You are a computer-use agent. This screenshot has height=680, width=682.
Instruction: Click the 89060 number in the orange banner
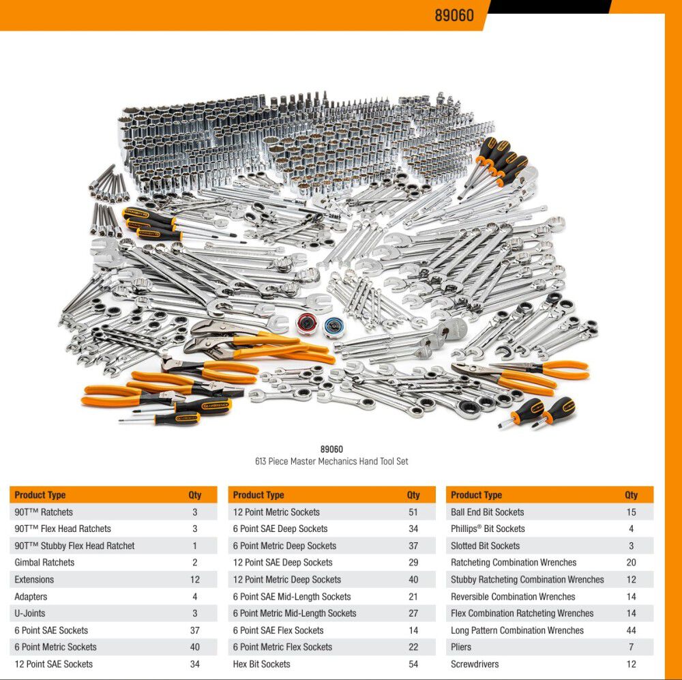click(x=454, y=16)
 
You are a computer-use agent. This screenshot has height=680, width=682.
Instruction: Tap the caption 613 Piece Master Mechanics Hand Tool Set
click(x=331, y=461)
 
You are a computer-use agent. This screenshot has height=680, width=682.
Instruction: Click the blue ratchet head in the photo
click(x=334, y=327)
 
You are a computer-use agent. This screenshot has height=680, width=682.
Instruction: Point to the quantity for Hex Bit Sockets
click(x=413, y=664)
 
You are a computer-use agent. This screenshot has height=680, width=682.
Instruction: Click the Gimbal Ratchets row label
click(x=44, y=562)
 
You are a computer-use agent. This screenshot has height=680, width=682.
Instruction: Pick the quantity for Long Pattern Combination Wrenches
click(x=631, y=630)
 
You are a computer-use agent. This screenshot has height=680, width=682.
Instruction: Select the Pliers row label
click(x=461, y=647)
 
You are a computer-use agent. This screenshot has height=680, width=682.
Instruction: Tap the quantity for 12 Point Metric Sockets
click(x=413, y=512)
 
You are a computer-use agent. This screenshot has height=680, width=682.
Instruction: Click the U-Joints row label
click(x=29, y=613)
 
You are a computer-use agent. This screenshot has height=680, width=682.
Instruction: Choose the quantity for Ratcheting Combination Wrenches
click(x=631, y=562)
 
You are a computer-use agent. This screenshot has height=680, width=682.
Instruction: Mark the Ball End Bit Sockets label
click(x=487, y=512)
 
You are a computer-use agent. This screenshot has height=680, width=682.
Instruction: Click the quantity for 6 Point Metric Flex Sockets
click(x=413, y=647)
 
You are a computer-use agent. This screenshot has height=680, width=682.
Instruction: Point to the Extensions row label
click(x=34, y=579)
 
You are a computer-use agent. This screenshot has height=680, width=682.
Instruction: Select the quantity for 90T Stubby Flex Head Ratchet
click(x=195, y=546)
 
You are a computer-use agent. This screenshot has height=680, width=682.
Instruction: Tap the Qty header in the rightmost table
click(x=631, y=494)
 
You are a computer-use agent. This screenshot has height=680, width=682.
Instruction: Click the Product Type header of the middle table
click(x=258, y=494)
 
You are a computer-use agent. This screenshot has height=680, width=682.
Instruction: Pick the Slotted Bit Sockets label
click(x=485, y=546)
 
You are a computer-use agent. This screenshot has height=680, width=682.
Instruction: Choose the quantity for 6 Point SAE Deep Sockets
click(x=413, y=529)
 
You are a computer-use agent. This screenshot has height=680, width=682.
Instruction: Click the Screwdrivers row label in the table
click(x=475, y=664)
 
